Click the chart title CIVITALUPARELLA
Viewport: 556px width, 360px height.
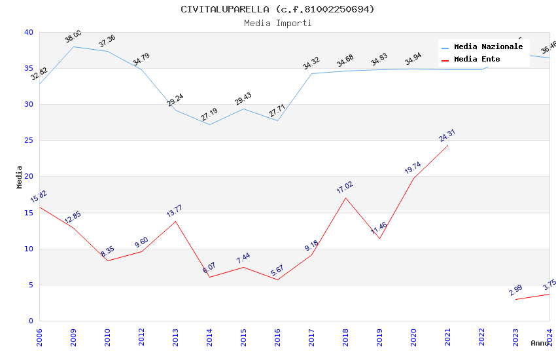click(x=277, y=9)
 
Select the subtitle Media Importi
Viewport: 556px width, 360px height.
click(x=277, y=23)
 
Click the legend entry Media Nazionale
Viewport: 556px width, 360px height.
click(x=488, y=46)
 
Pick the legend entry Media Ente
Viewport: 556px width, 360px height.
click(x=477, y=59)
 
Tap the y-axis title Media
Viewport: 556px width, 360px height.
click(x=20, y=177)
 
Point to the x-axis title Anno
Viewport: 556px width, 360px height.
click(x=540, y=343)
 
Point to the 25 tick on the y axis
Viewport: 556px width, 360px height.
click(x=28, y=141)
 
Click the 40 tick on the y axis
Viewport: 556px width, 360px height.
click(x=28, y=33)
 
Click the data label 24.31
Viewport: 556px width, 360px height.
click(x=447, y=135)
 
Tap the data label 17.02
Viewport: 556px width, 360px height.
click(x=345, y=187)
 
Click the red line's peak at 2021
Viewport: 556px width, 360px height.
click(x=448, y=145)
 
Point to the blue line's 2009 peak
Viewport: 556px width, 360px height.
click(x=73, y=46)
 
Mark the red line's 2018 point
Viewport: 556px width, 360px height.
click(x=345, y=198)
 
